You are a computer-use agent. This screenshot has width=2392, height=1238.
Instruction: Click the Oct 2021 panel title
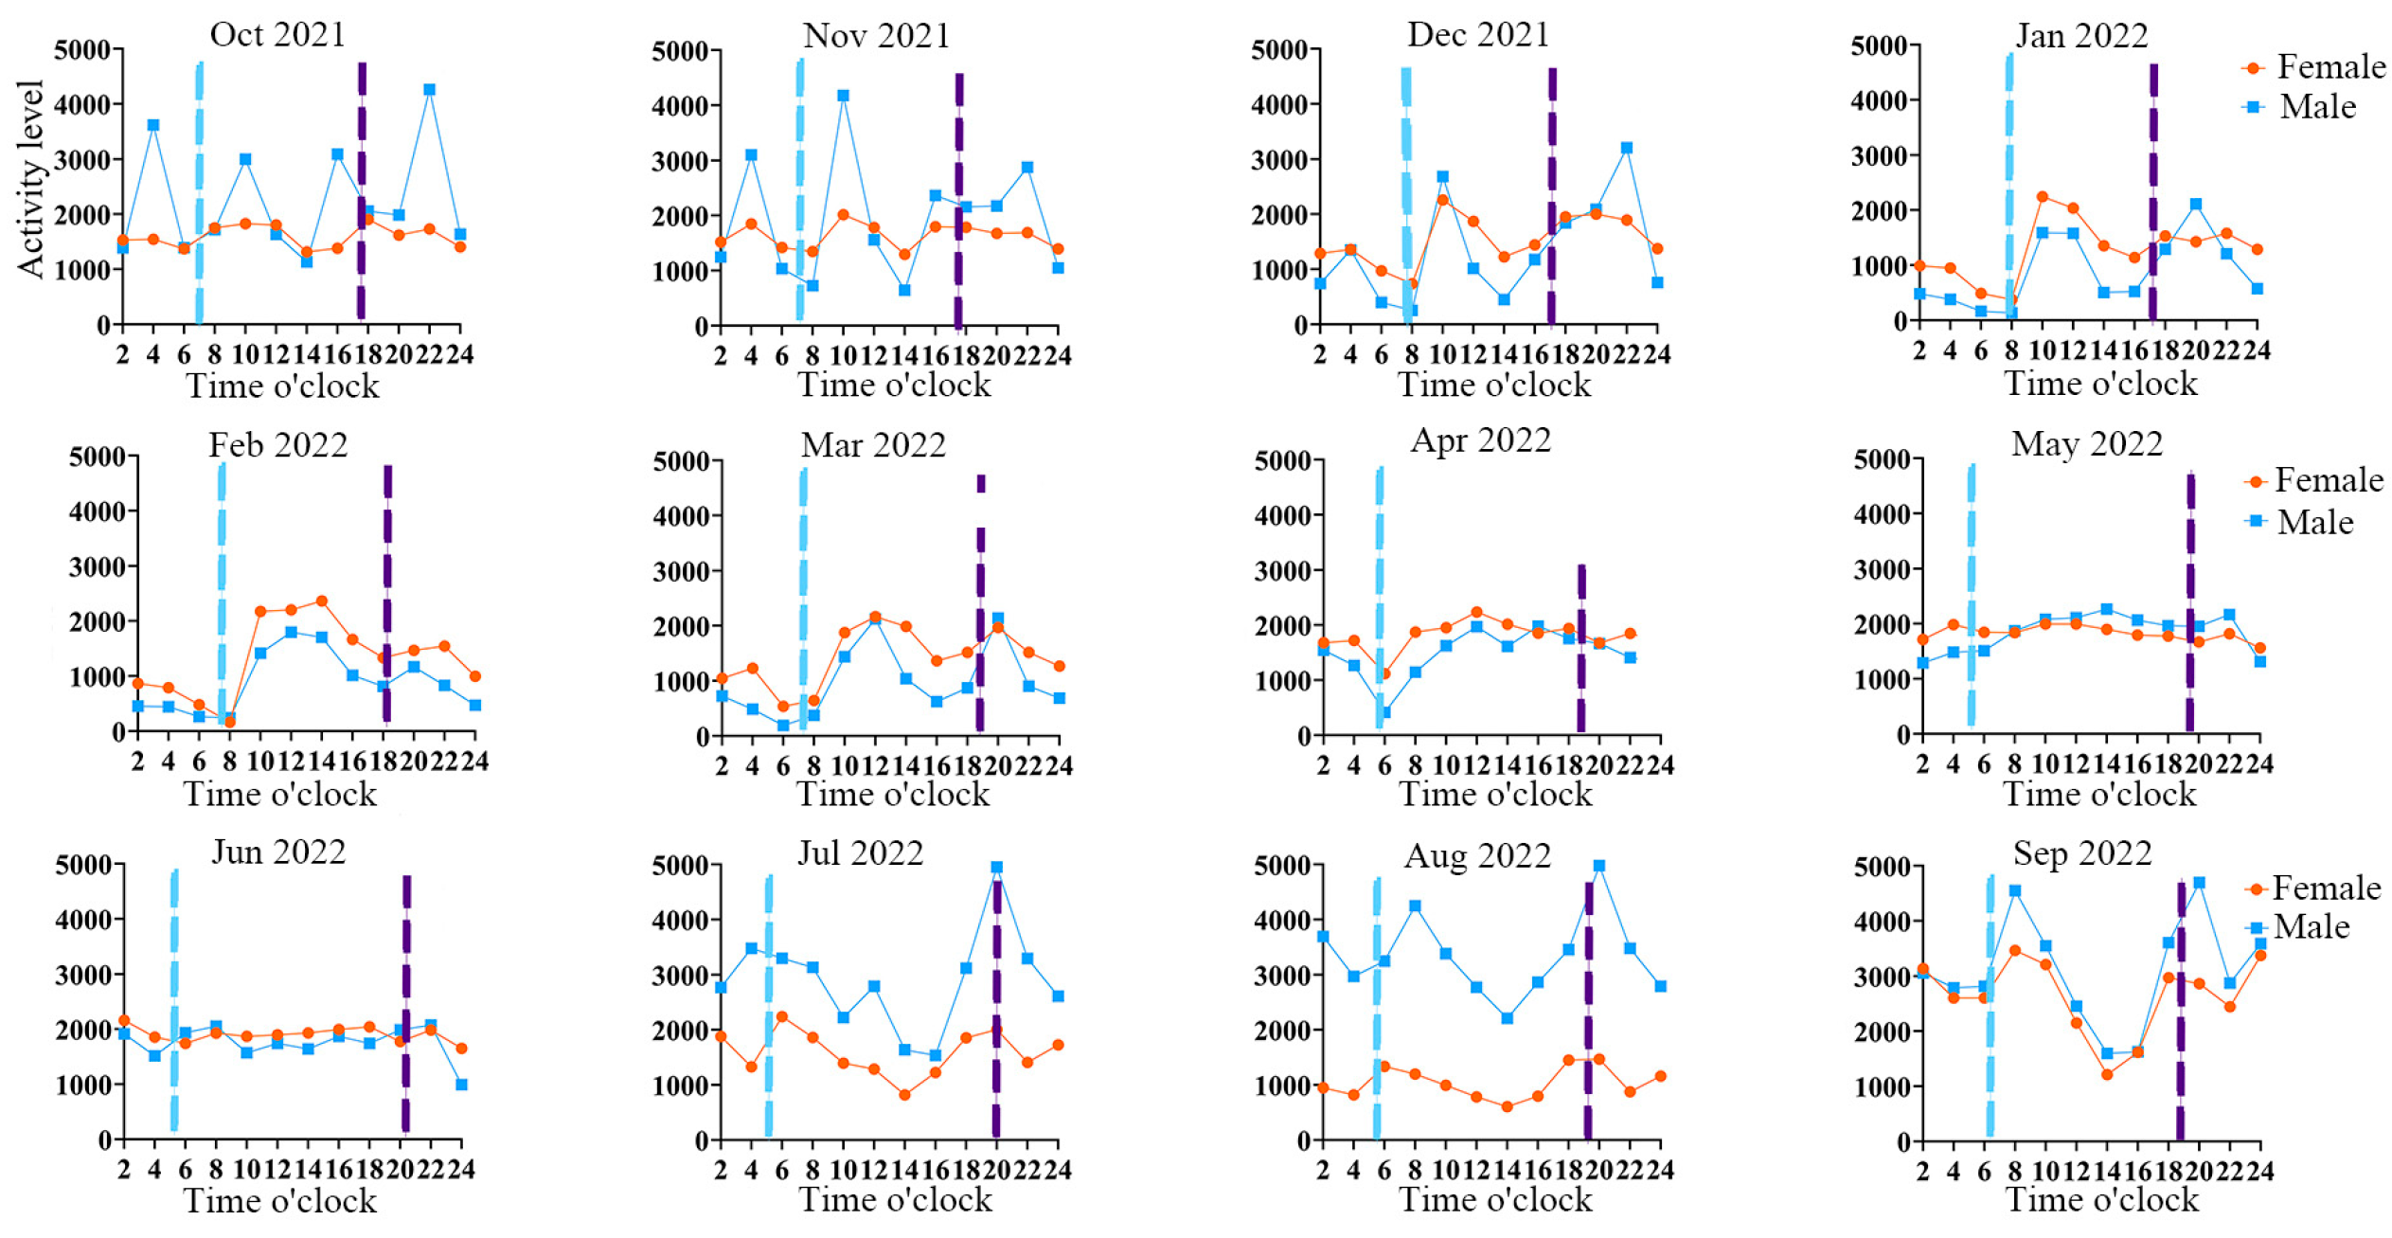277,34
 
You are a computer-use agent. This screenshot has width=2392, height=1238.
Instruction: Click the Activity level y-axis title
30,179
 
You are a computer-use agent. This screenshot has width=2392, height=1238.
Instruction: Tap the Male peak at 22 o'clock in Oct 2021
429,90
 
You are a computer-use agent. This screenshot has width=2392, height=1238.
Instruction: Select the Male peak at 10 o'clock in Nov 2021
843,96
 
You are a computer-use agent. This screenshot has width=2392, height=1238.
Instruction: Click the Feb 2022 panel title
277,444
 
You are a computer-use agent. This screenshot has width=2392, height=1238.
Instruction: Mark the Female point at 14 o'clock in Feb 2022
321,601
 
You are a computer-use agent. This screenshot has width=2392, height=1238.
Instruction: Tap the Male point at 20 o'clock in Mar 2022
997,619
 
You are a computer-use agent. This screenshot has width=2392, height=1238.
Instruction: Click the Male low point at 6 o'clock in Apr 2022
1384,712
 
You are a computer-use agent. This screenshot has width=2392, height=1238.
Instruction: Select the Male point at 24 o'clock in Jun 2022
461,1085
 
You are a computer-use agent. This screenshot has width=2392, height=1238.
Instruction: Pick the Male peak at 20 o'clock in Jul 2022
996,867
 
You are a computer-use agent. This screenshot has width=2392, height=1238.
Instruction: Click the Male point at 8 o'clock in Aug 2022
1415,906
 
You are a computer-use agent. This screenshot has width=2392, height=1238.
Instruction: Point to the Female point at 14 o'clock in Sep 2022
2106,1074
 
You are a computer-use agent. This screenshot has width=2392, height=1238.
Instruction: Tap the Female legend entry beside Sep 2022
2311,888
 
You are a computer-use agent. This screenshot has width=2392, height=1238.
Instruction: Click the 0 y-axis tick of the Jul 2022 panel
702,1141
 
